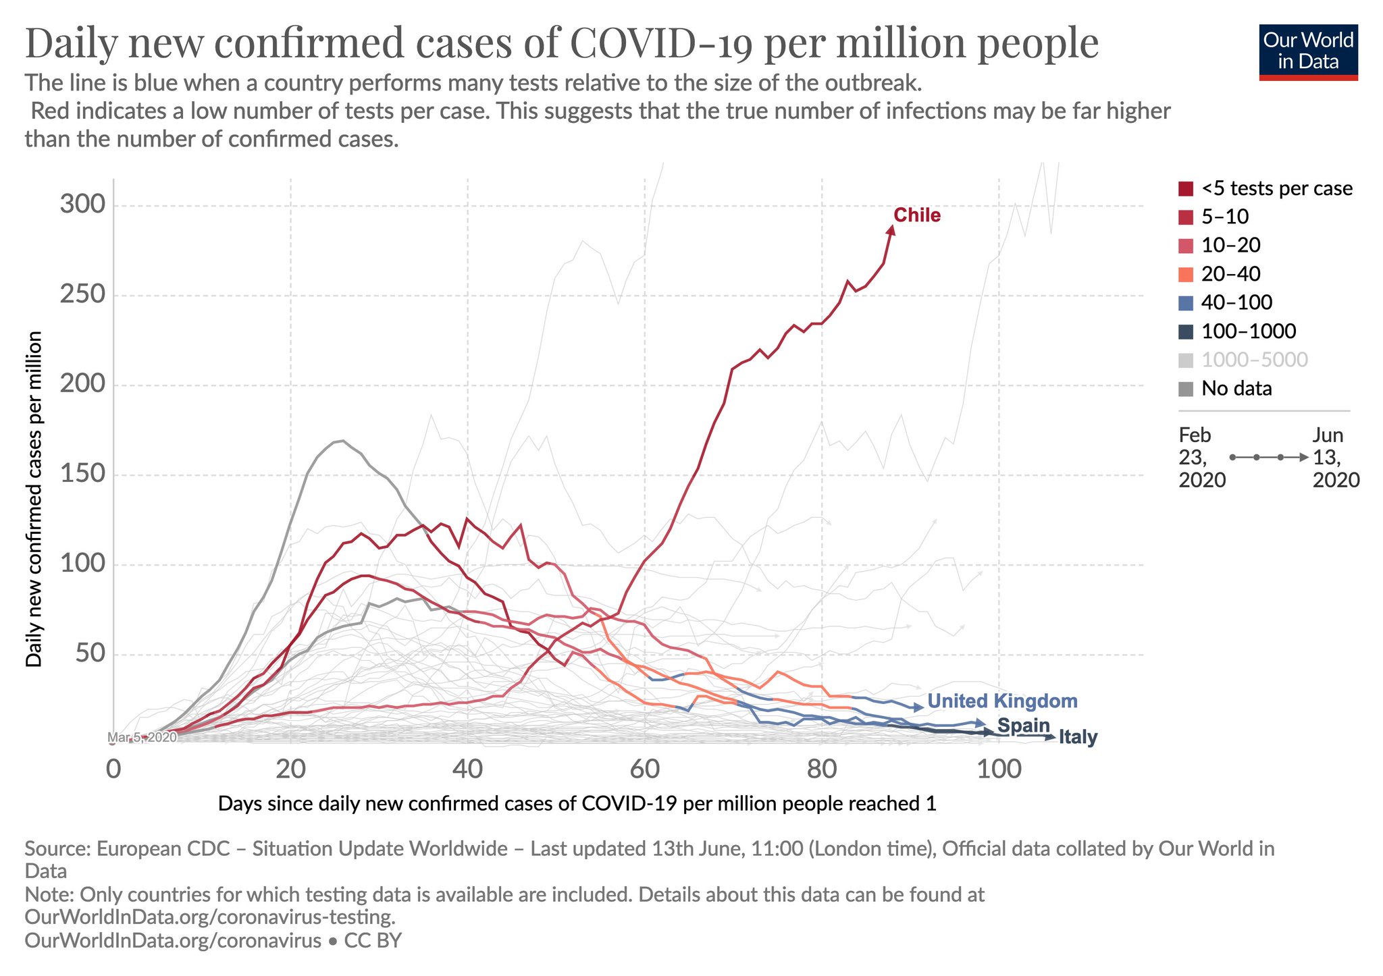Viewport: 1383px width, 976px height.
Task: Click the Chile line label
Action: tap(916, 215)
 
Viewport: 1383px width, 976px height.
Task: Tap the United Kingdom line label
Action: tap(1002, 701)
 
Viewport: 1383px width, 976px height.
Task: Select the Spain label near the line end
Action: tap(1023, 726)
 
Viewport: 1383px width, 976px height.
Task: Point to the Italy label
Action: tap(1078, 737)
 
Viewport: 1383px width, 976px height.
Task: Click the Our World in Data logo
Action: tap(1308, 53)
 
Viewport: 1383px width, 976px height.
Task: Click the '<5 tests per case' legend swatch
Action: tap(1186, 188)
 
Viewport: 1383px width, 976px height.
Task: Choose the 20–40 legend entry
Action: tap(1230, 273)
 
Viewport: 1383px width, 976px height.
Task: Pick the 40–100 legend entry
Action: tap(1236, 302)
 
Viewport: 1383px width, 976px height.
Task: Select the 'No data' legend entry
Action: tap(1236, 388)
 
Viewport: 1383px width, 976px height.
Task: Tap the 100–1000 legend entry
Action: tap(1248, 331)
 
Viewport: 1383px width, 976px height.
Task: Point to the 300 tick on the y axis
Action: tap(82, 204)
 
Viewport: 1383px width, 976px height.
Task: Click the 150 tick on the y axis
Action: tap(82, 474)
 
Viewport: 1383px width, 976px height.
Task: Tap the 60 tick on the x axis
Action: tap(644, 769)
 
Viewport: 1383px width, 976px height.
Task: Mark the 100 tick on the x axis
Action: tap(998, 769)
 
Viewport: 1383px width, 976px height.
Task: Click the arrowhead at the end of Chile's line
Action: tap(891, 230)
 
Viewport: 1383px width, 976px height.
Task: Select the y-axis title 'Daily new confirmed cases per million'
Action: tap(34, 499)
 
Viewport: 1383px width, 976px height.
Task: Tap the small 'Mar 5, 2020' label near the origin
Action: tap(142, 737)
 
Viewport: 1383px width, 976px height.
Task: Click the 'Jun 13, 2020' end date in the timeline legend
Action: tap(1334, 457)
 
